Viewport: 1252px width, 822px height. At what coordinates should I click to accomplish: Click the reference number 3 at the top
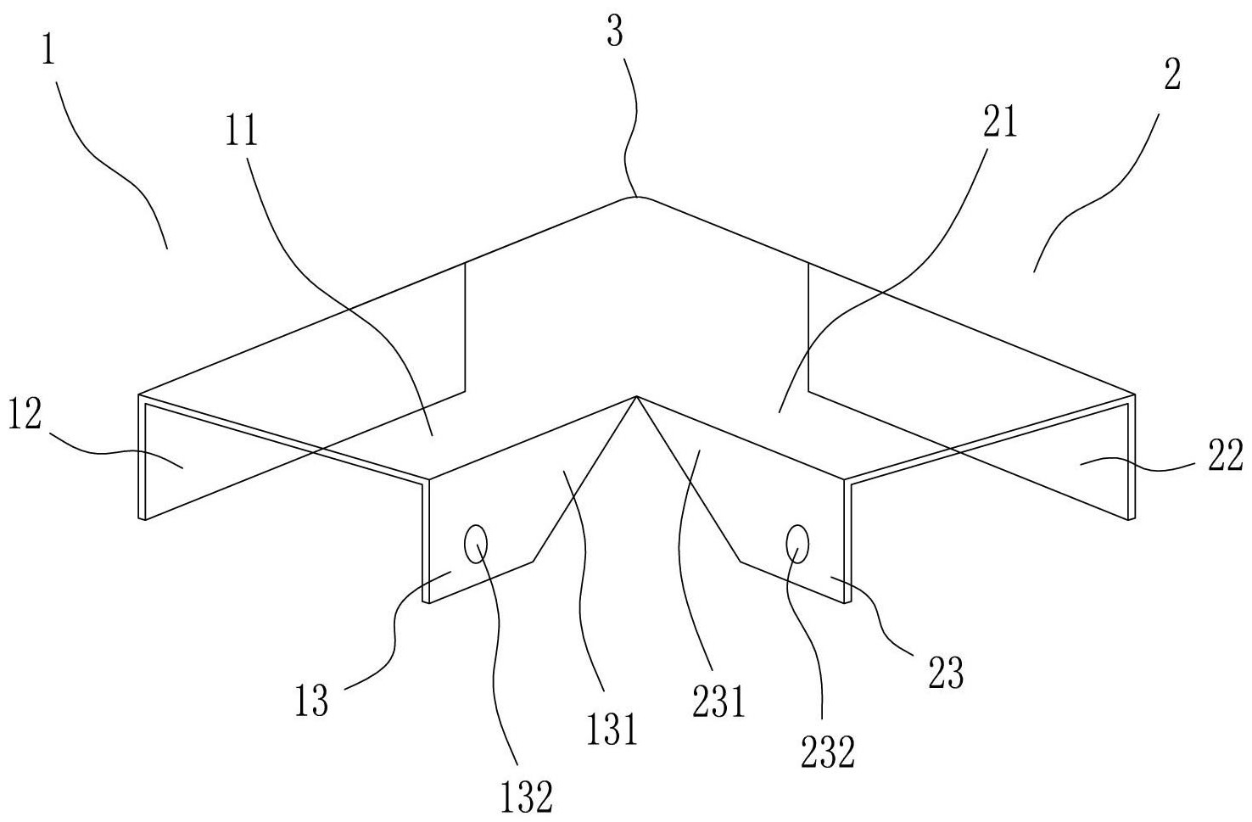[616, 35]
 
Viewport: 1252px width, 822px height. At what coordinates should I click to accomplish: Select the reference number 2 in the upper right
[1171, 76]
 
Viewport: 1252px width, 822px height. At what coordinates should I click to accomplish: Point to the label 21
[998, 124]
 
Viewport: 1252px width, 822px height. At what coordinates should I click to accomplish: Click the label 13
[312, 702]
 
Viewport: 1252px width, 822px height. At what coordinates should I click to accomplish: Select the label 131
[612, 727]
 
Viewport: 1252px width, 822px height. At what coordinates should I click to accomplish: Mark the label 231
[718, 702]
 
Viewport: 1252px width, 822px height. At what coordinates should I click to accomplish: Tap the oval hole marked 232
[797, 543]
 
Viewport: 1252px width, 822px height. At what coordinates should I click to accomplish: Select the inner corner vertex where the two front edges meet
[635, 396]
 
